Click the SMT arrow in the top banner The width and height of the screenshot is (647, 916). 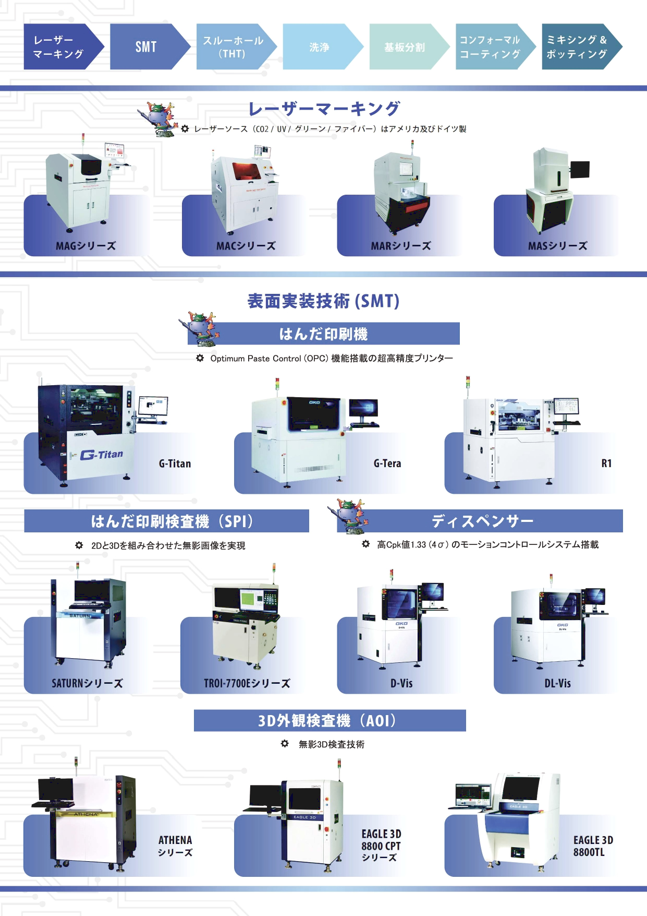click(150, 46)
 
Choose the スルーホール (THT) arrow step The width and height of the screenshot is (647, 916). click(236, 46)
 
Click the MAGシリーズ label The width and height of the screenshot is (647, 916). click(86, 246)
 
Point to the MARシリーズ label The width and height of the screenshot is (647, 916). click(401, 246)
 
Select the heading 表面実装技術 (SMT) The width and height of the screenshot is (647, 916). click(323, 301)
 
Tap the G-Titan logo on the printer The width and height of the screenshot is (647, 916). click(102, 455)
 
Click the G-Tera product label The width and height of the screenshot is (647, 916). click(387, 463)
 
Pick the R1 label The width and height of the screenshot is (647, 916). click(606, 463)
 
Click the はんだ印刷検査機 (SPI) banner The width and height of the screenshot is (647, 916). click(166, 521)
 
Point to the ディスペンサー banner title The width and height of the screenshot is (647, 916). click(483, 521)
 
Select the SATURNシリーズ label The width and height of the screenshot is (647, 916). click(87, 683)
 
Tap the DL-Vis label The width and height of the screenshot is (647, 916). click(557, 683)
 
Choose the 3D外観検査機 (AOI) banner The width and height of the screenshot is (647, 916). click(330, 720)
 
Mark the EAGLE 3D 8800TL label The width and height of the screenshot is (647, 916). click(593, 846)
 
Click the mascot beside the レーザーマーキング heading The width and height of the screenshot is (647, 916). click(159, 120)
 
